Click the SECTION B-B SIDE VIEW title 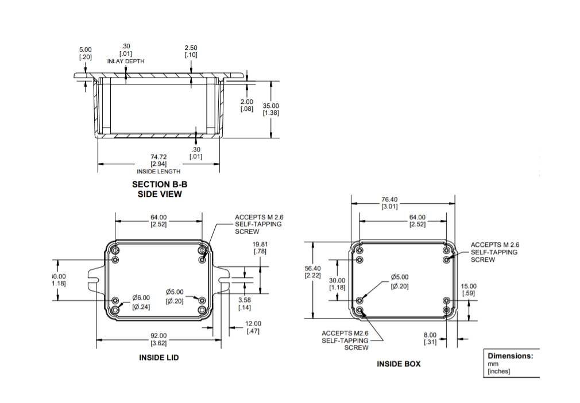click(160, 189)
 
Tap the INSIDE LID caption click(158, 358)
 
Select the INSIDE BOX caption click(399, 364)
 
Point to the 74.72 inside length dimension click(158, 160)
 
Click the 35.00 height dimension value click(271, 110)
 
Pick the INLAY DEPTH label click(126, 61)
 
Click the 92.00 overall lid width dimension click(158, 339)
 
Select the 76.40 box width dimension click(389, 203)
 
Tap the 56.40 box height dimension click(312, 272)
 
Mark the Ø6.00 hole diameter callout click(141, 302)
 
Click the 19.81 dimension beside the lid click(260, 248)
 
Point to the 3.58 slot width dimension click(245, 304)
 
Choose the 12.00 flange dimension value click(253, 327)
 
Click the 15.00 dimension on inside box click(469, 289)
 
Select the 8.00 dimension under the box click(430, 339)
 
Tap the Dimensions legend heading click(511, 356)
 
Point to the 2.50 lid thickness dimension click(191, 51)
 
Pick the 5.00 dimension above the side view click(86, 53)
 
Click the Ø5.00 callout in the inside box click(400, 281)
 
